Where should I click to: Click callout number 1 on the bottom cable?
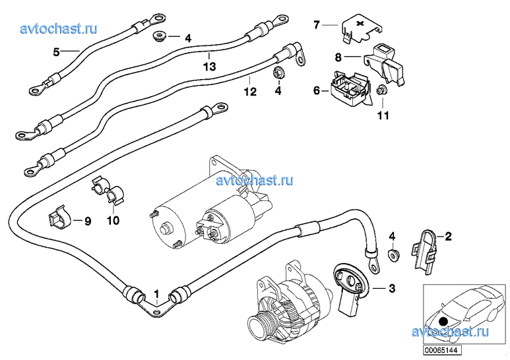pyautogui.click(x=156, y=293)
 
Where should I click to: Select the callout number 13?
pyautogui.click(x=209, y=67)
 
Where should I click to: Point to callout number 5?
pyautogui.click(x=57, y=51)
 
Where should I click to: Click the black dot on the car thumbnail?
pyautogui.click(x=443, y=322)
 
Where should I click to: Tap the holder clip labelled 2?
pyautogui.click(x=426, y=250)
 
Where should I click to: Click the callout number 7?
pyautogui.click(x=317, y=25)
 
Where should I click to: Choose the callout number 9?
pyautogui.click(x=86, y=221)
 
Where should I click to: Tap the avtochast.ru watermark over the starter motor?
pyautogui.click(x=255, y=180)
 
